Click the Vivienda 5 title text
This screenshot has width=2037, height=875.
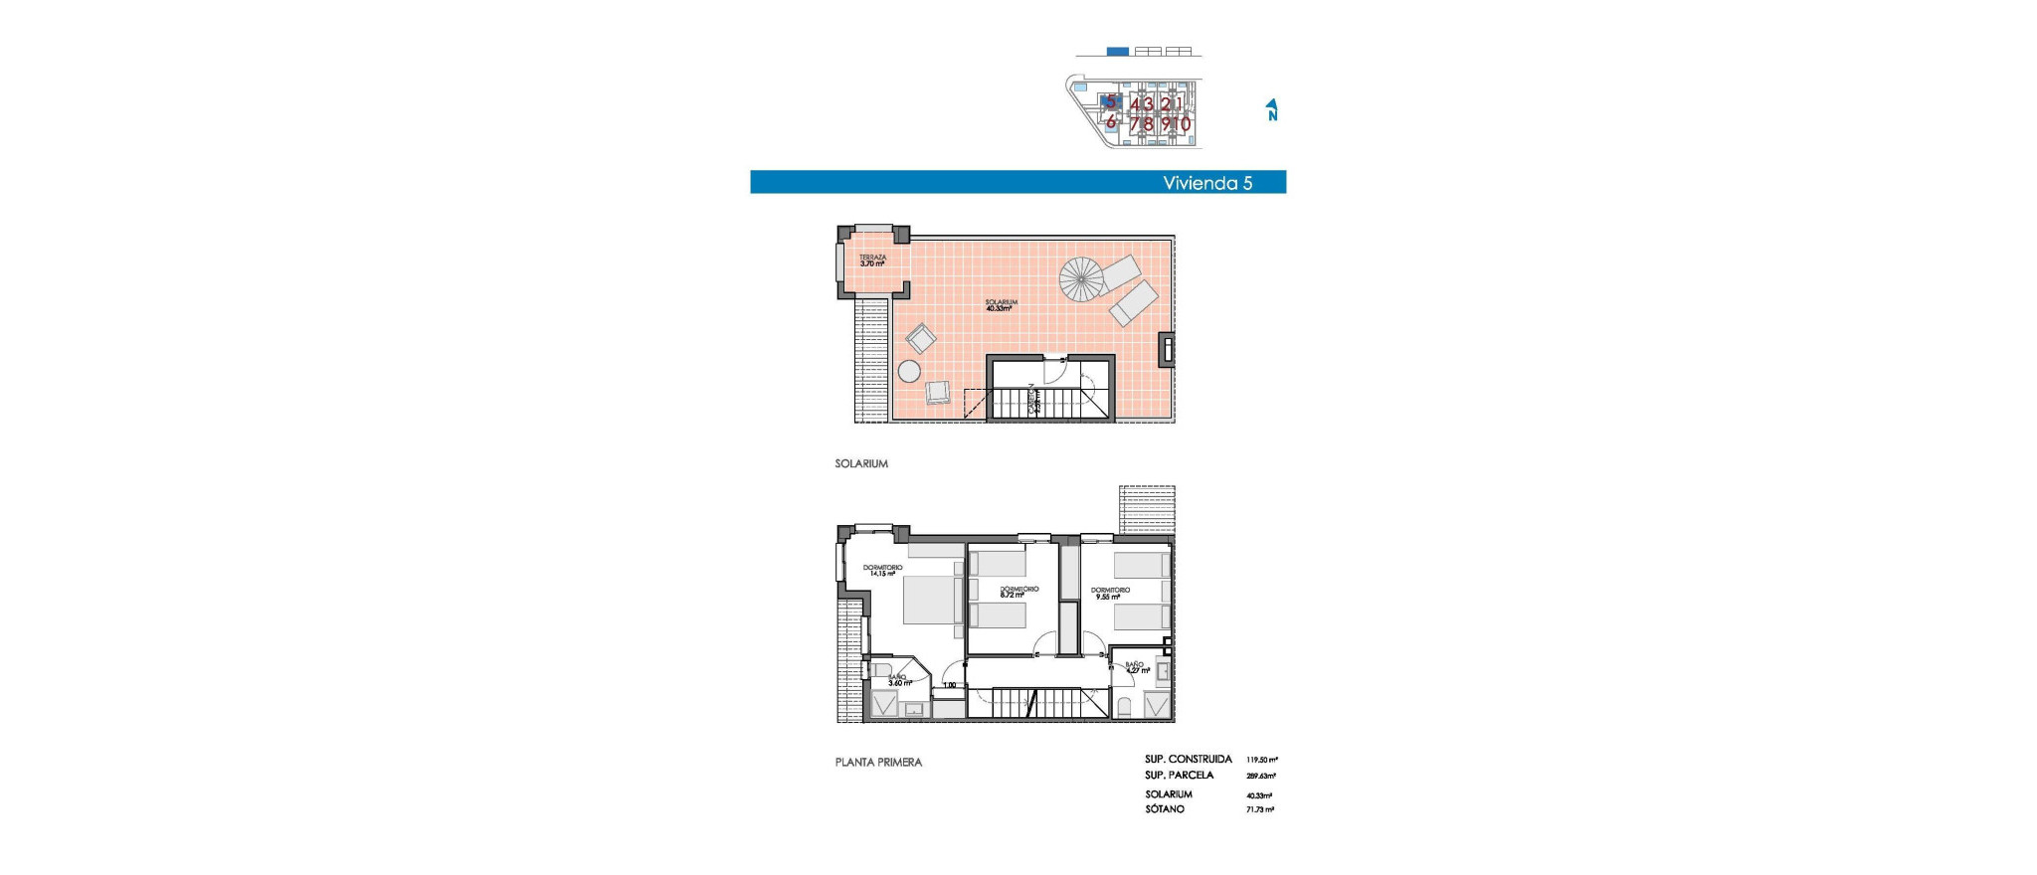pyautogui.click(x=1206, y=183)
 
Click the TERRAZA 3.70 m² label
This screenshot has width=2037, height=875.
pyautogui.click(x=872, y=261)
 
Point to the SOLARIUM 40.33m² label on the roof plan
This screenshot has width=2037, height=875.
pyautogui.click(x=1001, y=305)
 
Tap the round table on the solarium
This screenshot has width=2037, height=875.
pyautogui.click(x=909, y=372)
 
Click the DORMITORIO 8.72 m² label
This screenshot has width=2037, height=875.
pyautogui.click(x=1018, y=592)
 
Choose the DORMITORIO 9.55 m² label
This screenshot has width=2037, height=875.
pyautogui.click(x=1113, y=594)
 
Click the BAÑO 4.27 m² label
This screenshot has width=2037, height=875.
pyautogui.click(x=1136, y=667)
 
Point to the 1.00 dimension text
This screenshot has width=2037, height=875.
pyautogui.click(x=949, y=685)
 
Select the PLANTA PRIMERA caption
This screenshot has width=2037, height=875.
pyautogui.click(x=878, y=763)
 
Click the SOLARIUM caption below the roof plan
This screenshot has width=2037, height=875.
pyautogui.click(x=861, y=464)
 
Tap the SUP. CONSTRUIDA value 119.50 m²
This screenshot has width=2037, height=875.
pyautogui.click(x=1260, y=760)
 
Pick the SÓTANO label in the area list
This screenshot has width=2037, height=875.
pyautogui.click(x=1164, y=809)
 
